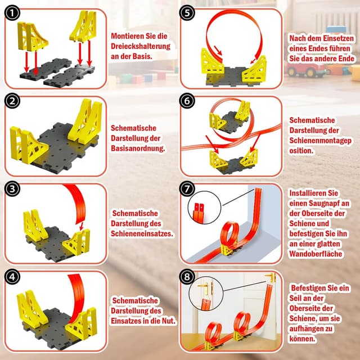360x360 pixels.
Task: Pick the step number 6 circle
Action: point(188,101)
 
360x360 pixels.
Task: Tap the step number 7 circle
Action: point(188,188)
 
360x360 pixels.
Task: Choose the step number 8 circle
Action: point(188,277)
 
